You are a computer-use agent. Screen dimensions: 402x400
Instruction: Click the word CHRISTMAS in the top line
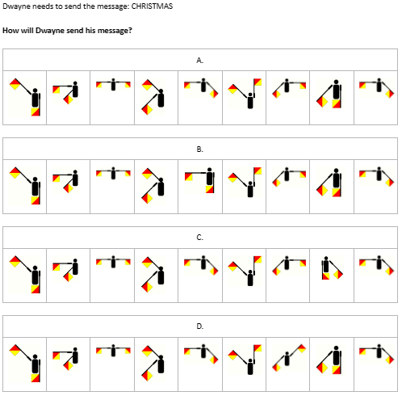[x=152, y=6]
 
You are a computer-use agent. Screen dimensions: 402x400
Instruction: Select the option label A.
[x=199, y=61]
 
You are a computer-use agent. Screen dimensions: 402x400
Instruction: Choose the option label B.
[x=199, y=149]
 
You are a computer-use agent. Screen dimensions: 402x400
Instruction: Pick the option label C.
[x=199, y=238]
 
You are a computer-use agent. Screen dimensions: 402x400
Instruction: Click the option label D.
[x=199, y=326]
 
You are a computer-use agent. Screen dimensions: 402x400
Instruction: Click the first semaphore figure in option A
[x=25, y=97]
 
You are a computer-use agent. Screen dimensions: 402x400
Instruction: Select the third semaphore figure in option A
[x=113, y=85]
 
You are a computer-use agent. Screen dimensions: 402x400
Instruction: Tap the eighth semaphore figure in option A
[x=329, y=94]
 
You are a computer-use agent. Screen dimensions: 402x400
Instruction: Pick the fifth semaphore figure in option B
[x=199, y=180]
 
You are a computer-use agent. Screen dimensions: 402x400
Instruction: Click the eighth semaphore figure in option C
[x=332, y=268]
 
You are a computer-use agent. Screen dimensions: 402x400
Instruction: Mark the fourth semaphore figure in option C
[x=153, y=275]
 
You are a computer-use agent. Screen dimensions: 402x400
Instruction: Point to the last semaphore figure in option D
[x=376, y=354]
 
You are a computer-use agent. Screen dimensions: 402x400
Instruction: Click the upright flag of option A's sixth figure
[x=258, y=82]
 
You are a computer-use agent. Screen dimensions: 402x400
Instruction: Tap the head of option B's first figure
[x=35, y=179]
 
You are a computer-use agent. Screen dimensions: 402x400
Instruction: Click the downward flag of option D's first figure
[x=36, y=378]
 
